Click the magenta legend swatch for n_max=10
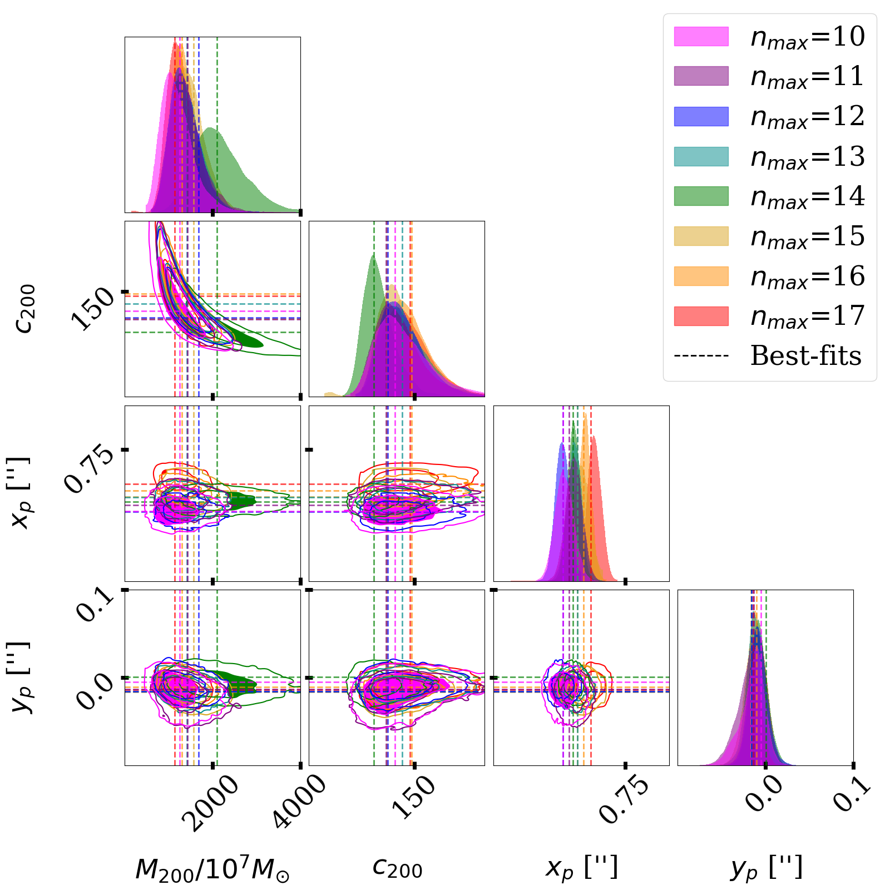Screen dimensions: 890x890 pos(701,36)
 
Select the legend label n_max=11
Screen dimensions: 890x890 pos(807,76)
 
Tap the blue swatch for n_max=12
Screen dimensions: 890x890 pos(701,116)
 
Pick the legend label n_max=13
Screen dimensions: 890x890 pos(807,156)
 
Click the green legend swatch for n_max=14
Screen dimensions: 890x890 pos(701,196)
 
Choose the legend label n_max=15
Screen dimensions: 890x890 pos(807,236)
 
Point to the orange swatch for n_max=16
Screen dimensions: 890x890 pos(701,276)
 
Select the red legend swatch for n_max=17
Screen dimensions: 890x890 pos(701,316)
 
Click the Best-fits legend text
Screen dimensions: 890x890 pos(805,356)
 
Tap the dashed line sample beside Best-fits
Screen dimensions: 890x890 pos(701,356)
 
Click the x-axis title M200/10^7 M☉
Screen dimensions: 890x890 pos(212,869)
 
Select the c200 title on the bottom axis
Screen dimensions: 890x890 pos(397,868)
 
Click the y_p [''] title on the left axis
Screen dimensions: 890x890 pos(23,678)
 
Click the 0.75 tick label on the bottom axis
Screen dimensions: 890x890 pos(624,799)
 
